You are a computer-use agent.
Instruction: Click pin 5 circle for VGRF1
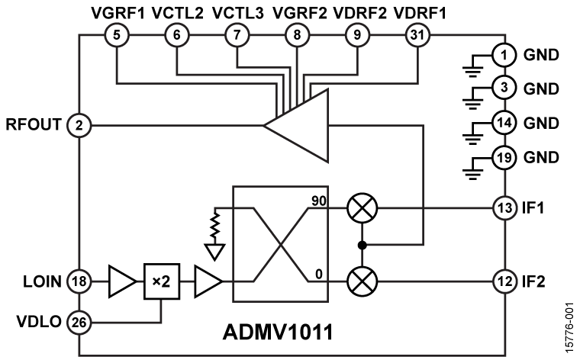tap(116, 36)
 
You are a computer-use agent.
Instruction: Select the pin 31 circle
tap(417, 36)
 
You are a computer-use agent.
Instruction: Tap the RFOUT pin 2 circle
tap(79, 123)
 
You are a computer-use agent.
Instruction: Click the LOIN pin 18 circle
tap(79, 282)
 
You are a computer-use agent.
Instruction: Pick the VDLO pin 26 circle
tap(79, 323)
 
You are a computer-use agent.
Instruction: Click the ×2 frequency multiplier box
tap(160, 282)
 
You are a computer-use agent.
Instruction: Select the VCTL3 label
tap(235, 13)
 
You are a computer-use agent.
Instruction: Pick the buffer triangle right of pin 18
tap(120, 282)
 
